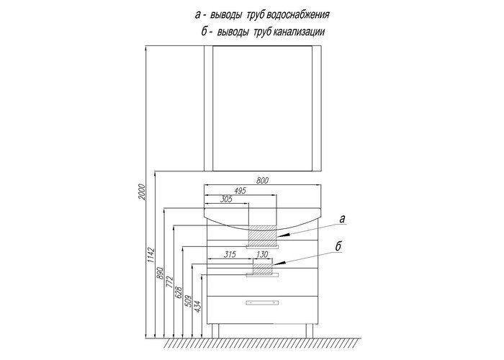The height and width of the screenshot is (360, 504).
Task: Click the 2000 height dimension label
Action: [142, 192]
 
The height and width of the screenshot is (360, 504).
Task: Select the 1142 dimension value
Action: [151, 256]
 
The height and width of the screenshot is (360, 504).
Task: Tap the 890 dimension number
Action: [161, 273]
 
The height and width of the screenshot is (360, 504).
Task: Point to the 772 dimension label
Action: [170, 282]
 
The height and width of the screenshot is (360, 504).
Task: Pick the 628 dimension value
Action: [179, 292]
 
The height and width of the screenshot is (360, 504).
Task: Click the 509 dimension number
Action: [189, 301]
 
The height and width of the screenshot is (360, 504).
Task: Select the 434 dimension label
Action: [197, 307]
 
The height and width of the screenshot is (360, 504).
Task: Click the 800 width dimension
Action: [262, 181]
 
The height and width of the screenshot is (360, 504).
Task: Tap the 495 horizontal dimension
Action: [240, 191]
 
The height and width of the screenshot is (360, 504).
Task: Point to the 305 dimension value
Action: [226, 199]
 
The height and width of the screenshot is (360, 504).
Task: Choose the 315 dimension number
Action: [230, 255]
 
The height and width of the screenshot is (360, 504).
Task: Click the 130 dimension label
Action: [262, 255]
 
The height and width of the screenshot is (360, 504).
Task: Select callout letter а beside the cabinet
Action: [342, 219]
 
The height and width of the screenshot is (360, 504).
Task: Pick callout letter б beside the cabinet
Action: [338, 247]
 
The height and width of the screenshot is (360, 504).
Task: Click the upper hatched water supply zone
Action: [263, 235]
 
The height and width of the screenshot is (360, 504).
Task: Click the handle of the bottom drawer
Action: [262, 303]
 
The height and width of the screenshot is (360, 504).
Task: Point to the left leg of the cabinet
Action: [215, 330]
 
